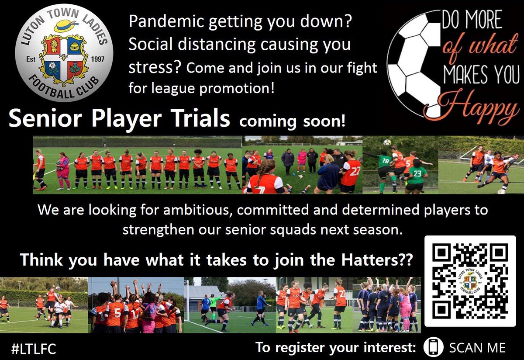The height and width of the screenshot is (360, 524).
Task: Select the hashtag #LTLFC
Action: pyautogui.click(x=34, y=348)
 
